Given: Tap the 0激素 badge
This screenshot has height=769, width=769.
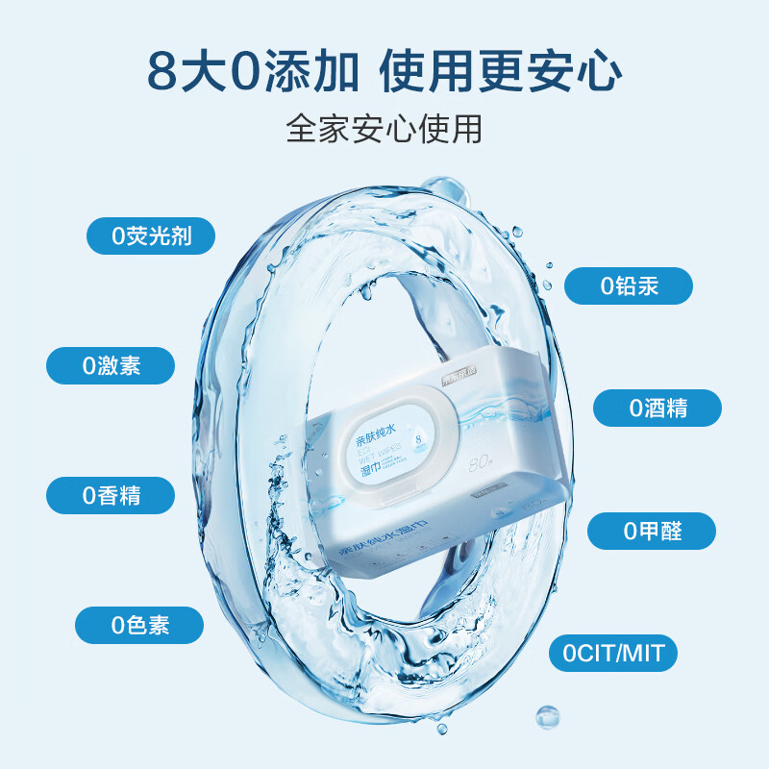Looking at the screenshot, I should point(112,365).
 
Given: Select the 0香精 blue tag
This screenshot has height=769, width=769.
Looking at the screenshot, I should point(112,495).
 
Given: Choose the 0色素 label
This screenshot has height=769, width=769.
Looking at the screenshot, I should point(140,625).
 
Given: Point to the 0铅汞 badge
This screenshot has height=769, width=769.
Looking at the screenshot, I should point(629,285).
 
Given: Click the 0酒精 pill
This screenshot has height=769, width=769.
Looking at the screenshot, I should point(657,408).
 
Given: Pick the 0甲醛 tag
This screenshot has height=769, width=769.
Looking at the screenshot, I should point(652,531).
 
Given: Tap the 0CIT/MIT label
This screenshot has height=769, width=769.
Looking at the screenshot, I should point(613,654).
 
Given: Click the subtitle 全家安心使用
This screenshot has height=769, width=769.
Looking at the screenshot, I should point(384,129).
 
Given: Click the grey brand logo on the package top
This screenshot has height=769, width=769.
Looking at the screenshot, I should point(459,379).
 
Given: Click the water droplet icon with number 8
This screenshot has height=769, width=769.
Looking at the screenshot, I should point(417,439).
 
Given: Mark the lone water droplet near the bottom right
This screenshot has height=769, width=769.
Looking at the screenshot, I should point(547,715).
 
